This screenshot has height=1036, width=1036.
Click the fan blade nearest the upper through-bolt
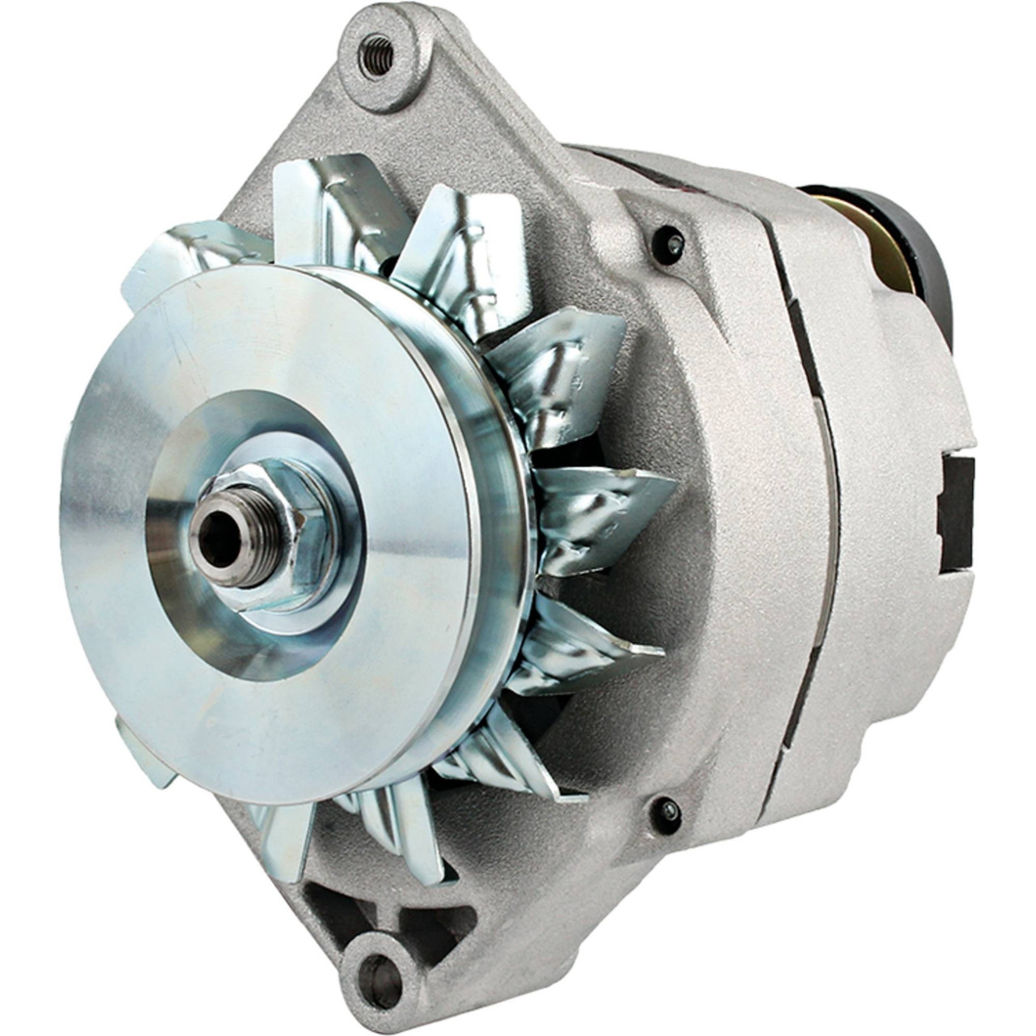click(567, 364)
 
